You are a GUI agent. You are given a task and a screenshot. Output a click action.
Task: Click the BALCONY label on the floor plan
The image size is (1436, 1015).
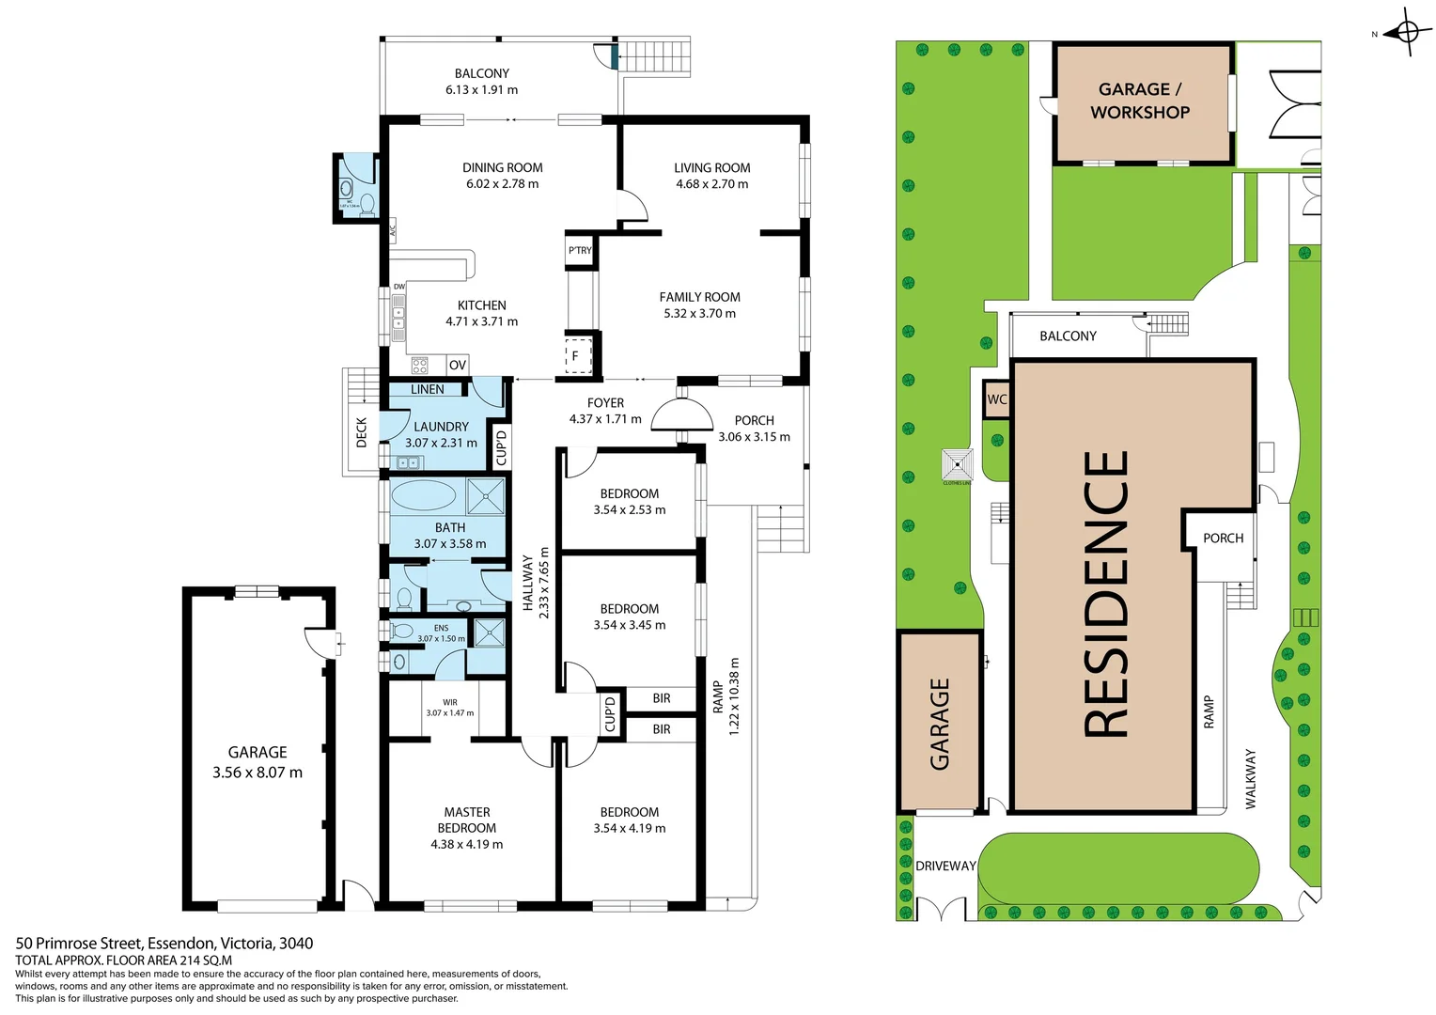(481, 73)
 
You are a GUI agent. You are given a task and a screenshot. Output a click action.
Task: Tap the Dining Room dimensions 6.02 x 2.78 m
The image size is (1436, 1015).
(502, 184)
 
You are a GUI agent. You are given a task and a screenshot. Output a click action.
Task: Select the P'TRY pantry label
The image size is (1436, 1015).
(580, 250)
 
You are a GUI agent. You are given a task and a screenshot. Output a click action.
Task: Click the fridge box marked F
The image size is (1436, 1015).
(576, 356)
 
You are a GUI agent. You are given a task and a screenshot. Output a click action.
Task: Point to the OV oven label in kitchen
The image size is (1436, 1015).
(457, 366)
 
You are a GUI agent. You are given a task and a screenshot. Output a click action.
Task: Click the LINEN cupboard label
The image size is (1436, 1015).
(427, 389)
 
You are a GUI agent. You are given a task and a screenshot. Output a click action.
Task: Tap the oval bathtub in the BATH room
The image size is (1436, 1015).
(423, 495)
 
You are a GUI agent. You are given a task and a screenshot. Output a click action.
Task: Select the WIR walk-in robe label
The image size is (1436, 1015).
(449, 702)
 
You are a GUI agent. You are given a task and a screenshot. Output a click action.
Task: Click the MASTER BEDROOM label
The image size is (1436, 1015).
(466, 820)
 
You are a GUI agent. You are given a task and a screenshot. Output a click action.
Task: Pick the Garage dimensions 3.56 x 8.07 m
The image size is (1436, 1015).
(257, 773)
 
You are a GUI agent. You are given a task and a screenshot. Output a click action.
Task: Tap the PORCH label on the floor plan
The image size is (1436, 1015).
(754, 420)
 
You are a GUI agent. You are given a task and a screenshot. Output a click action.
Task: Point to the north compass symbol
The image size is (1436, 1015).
(1406, 33)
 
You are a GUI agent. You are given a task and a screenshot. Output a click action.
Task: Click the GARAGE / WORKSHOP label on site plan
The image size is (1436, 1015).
(1139, 101)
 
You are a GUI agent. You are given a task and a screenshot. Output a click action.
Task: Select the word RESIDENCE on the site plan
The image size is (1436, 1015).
(1106, 594)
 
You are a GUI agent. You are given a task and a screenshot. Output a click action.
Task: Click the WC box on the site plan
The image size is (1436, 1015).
(996, 399)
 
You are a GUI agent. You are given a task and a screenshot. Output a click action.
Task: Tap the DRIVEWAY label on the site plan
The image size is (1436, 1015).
(945, 866)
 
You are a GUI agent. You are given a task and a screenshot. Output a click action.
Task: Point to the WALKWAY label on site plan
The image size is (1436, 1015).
(1250, 778)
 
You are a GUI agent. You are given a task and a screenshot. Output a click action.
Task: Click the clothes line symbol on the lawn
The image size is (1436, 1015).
(957, 464)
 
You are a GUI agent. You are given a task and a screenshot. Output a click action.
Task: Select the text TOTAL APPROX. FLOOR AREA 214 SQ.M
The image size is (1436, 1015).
(123, 960)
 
